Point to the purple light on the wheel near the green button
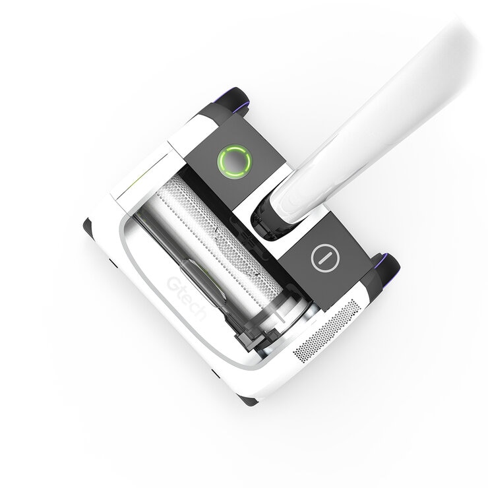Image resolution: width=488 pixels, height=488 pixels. (x=247, y=100)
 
